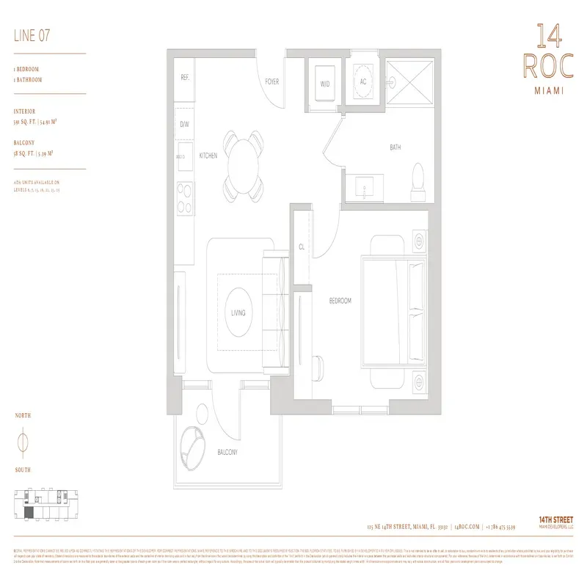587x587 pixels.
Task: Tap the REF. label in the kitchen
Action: click(185, 77)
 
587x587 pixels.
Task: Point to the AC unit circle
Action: click(362, 81)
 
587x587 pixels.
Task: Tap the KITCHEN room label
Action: click(208, 156)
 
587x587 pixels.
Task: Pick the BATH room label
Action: click(395, 147)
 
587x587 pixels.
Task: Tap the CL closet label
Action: click(301, 247)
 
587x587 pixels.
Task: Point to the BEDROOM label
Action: click(340, 301)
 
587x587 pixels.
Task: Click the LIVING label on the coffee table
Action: click(238, 313)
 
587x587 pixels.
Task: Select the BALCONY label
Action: click(227, 453)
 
